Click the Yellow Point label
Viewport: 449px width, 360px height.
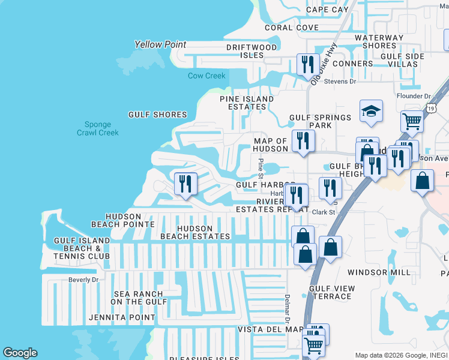(x=160, y=44)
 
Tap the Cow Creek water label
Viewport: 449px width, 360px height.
(x=206, y=76)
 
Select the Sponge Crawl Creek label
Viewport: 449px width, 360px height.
(x=98, y=128)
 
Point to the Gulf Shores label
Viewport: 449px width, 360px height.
(x=157, y=115)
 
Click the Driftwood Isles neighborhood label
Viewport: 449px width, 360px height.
(x=252, y=51)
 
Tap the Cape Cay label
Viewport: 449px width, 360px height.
(x=327, y=10)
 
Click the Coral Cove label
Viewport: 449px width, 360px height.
(x=292, y=28)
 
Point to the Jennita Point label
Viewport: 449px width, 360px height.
(x=121, y=317)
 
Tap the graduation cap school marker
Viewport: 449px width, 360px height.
(x=371, y=112)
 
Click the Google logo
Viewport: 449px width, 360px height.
(x=20, y=353)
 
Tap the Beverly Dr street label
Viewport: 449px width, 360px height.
(x=83, y=280)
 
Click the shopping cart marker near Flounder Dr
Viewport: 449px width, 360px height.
(x=412, y=121)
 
